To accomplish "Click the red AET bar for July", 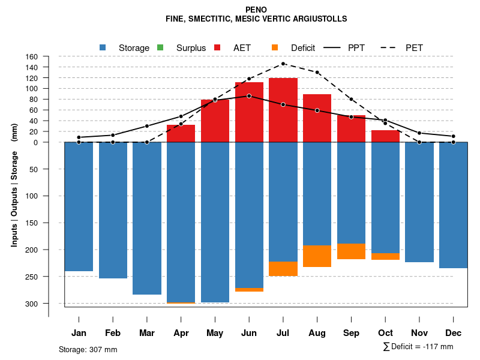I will click(283, 110).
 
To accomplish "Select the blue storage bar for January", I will click(79, 206).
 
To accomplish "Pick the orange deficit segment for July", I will click(283, 269).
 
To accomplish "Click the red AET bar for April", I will click(181, 133).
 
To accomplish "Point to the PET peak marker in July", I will click(283, 64).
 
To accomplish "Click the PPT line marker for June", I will click(249, 96).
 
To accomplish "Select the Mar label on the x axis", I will click(147, 332).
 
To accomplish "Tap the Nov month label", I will click(419, 332).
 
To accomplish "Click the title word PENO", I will click(256, 10).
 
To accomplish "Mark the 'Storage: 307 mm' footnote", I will click(88, 349).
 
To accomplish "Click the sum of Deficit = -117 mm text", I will click(418, 347).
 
